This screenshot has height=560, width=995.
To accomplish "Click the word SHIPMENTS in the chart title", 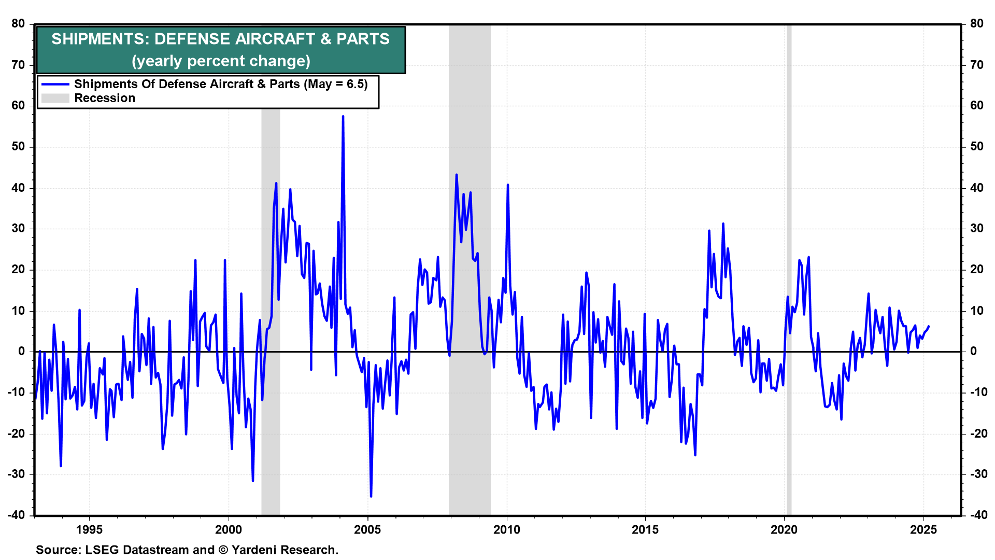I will click(94, 39).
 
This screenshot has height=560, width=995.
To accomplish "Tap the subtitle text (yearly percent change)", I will click(221, 61).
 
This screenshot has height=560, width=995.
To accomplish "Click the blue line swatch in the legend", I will click(55, 84).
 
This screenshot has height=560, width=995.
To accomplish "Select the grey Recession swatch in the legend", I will click(55, 98).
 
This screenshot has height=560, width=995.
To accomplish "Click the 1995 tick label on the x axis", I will click(89, 529).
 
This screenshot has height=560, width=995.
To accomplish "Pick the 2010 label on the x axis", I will click(506, 529).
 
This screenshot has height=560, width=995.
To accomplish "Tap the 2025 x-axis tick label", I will click(923, 529).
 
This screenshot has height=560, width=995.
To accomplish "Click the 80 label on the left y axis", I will click(18, 23).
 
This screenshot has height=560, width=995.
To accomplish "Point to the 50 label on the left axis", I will click(18, 146).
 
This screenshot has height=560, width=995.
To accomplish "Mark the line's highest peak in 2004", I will click(343, 117).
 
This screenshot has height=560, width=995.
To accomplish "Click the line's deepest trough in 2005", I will click(371, 496).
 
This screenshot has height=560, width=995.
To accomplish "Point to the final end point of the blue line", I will click(929, 326).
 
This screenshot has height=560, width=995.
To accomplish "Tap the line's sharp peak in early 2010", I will click(508, 185).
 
